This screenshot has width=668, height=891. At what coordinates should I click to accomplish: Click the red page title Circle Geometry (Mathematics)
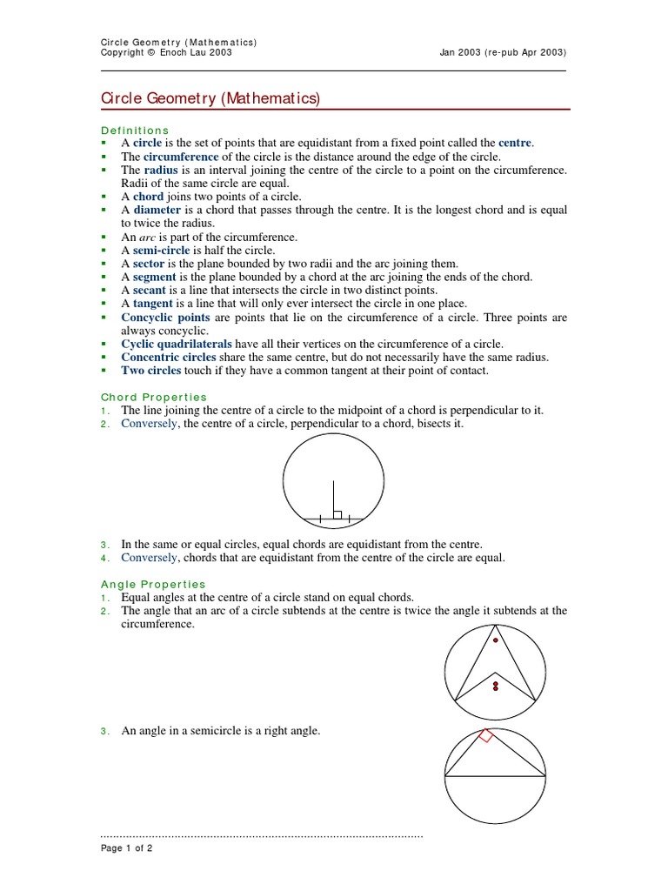pyautogui.click(x=211, y=99)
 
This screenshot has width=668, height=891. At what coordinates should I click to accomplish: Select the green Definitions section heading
pyautogui.click(x=135, y=130)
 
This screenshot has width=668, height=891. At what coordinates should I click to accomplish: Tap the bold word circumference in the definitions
pyautogui.click(x=181, y=156)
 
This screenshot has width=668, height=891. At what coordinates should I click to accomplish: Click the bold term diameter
pyautogui.click(x=157, y=210)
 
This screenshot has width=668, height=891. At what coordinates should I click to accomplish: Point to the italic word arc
pyautogui.click(x=149, y=237)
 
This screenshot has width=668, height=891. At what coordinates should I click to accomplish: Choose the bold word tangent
pyautogui.click(x=154, y=304)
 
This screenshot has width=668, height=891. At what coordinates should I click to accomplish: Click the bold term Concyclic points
pyautogui.click(x=165, y=318)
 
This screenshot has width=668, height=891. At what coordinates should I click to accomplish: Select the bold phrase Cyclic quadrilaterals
pyautogui.click(x=177, y=344)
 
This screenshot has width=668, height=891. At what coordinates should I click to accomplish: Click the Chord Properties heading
pyautogui.click(x=154, y=397)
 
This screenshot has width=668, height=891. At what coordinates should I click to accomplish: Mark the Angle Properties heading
pyautogui.click(x=154, y=584)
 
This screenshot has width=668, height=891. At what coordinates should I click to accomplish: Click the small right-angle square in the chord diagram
pyautogui.click(x=337, y=514)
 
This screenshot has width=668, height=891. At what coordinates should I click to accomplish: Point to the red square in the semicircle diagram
pyautogui.click(x=486, y=736)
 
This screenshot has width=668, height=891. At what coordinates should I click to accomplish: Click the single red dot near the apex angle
pyautogui.click(x=496, y=640)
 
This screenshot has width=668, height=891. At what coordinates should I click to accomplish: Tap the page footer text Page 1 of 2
pyautogui.click(x=127, y=848)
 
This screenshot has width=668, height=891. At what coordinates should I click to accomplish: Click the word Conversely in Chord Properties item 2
pyautogui.click(x=149, y=424)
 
